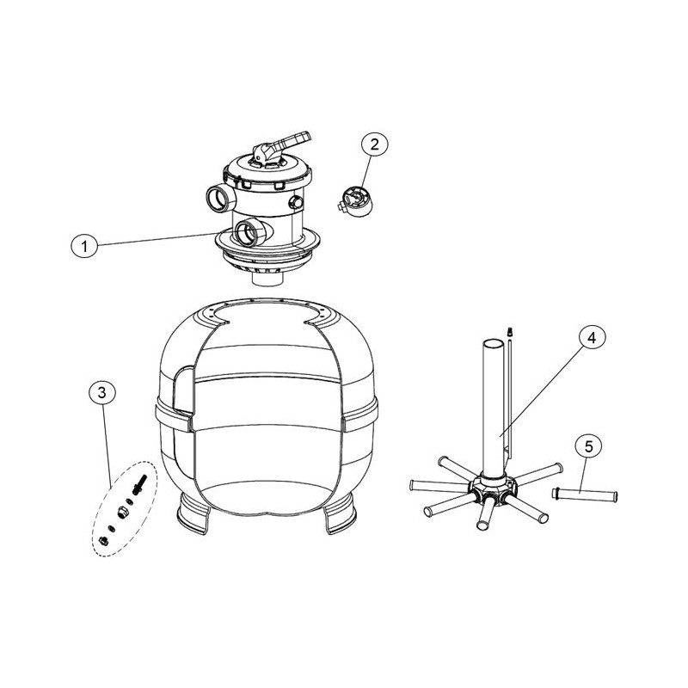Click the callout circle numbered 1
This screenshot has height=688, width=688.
[x=84, y=247]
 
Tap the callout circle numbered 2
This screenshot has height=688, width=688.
[x=374, y=144]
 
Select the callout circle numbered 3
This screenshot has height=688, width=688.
[x=101, y=393]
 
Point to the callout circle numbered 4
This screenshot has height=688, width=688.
[x=592, y=337]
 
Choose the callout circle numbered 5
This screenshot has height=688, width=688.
[x=589, y=446]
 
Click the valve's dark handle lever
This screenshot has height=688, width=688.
[x=292, y=140]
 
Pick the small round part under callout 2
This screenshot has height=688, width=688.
[x=356, y=201]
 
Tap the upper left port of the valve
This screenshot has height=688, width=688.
[x=220, y=200]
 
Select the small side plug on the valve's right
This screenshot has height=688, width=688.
[x=295, y=202]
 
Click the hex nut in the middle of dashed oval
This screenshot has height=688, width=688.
[x=122, y=511]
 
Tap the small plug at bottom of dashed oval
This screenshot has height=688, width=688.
[x=104, y=541]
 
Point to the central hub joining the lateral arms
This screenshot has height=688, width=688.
[x=492, y=489]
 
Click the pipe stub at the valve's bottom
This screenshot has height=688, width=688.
[x=267, y=280]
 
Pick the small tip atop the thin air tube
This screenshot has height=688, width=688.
[x=509, y=331]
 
